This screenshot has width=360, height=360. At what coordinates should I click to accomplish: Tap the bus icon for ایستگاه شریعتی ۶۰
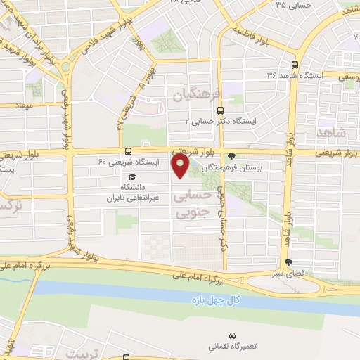(x=128, y=151)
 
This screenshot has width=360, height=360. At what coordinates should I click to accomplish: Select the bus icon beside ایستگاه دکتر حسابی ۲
(x=221, y=110)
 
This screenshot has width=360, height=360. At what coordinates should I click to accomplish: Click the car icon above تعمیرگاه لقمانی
(x=233, y=335)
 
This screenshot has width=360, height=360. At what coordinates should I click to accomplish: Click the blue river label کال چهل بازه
(x=216, y=300)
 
